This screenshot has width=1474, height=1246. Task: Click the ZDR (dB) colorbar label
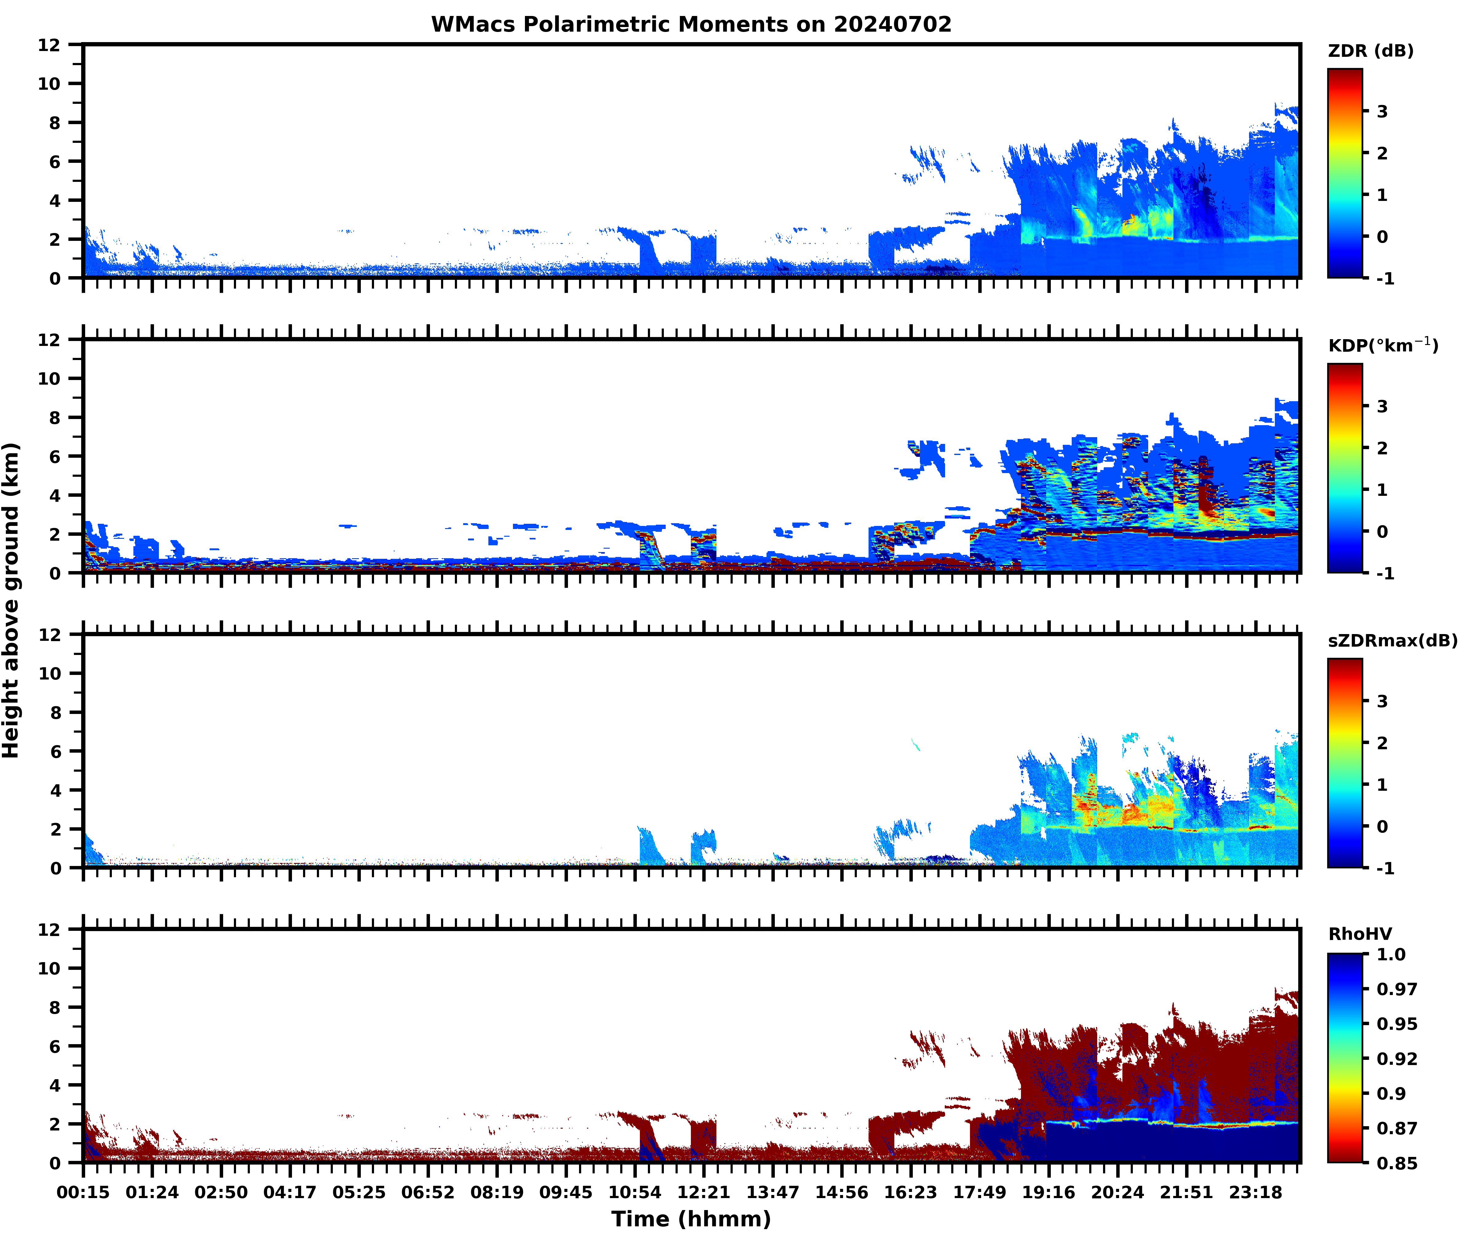[x=1370, y=51]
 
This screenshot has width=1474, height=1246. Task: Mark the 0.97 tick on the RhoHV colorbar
[x=1396, y=989]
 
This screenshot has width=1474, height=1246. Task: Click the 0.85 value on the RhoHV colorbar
[x=1396, y=1163]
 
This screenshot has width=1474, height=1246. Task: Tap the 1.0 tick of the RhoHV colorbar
[x=1391, y=954]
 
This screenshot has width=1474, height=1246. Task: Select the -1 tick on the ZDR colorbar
[x=1385, y=278]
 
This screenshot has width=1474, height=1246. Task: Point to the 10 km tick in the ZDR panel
[x=49, y=83]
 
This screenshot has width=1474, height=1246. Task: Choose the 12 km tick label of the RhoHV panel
[x=49, y=930]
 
